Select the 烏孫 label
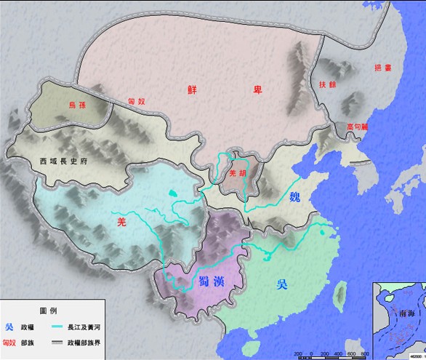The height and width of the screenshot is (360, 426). [x=76, y=105]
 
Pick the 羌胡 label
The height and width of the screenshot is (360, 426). [x=237, y=174]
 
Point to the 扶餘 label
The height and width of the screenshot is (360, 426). [x=327, y=84]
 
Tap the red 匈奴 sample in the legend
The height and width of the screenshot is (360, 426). [x=9, y=342]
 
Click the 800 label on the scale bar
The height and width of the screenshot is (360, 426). [x=364, y=354]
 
